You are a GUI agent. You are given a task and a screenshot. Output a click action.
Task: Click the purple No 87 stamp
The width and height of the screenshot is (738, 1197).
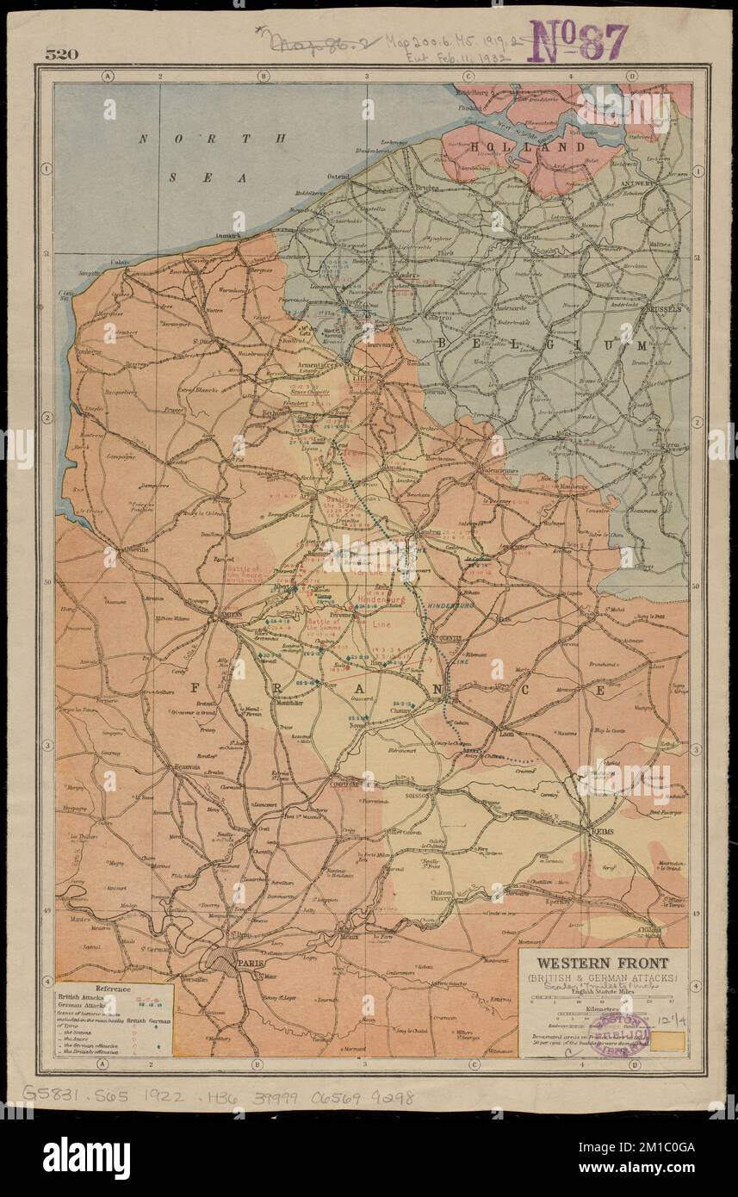[x=579, y=40]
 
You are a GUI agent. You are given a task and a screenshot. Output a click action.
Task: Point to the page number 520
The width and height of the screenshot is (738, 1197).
[x=62, y=54]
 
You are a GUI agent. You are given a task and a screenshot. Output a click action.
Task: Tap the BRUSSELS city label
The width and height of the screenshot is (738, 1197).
[x=661, y=307]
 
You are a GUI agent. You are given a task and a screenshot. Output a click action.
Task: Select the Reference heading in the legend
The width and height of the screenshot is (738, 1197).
[x=113, y=989]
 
